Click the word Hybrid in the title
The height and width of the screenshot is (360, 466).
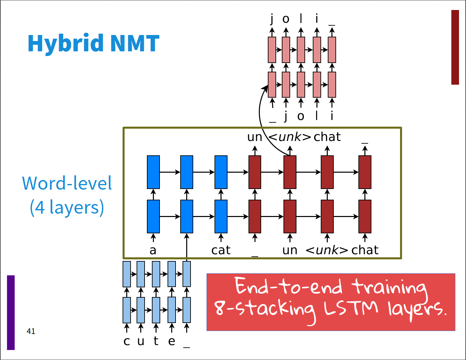click(66, 44)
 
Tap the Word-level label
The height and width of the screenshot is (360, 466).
click(67, 183)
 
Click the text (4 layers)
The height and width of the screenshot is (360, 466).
click(67, 207)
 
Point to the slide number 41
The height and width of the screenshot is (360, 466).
click(31, 331)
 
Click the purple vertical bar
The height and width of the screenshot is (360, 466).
click(11, 312)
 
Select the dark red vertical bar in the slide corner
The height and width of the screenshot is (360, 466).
click(455, 47)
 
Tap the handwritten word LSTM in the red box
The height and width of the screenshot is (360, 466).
click(351, 308)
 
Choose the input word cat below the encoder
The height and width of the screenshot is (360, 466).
click(221, 250)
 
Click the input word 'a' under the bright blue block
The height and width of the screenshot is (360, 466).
click(153, 250)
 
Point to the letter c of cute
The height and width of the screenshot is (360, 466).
click(127, 341)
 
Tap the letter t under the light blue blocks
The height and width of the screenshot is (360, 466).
click(156, 341)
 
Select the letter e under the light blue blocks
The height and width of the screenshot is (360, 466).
click(172, 341)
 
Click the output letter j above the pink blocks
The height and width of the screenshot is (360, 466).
click(272, 19)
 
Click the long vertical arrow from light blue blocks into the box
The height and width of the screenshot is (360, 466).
click(187, 247)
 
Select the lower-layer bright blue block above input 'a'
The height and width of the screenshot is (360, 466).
click(153, 216)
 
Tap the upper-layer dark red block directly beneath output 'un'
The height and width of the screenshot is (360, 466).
click(255, 172)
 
